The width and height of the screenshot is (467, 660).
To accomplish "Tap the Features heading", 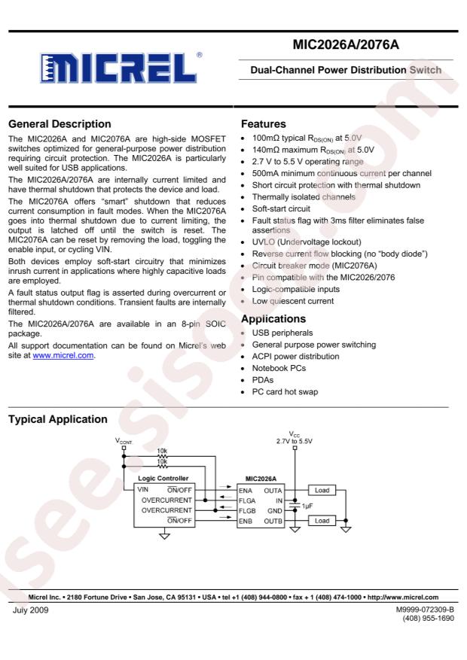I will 265,123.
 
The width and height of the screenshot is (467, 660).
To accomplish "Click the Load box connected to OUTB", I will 321,520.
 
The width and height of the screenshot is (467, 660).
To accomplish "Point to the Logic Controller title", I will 165,479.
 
